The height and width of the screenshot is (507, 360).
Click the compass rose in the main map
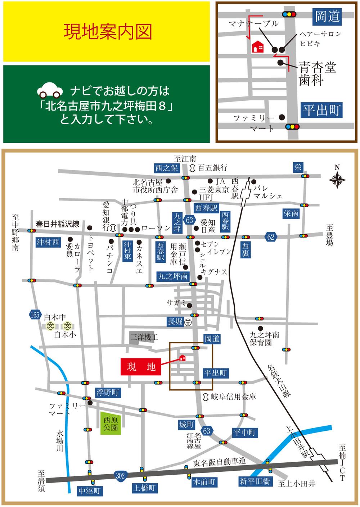tap(337, 178)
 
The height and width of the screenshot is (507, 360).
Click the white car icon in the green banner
tap(49, 90)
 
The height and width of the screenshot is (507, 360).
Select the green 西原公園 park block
tap(111, 424)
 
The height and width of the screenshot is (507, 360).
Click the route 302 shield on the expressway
tap(120, 476)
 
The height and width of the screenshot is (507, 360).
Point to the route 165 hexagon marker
tap(35, 315)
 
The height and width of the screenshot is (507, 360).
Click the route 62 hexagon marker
tap(270, 236)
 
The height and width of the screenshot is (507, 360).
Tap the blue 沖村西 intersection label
tap(48, 242)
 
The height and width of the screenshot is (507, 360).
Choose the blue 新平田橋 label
tap(255, 481)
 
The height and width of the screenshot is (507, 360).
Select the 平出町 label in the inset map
tap(321, 110)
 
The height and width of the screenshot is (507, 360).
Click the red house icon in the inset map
tap(258, 46)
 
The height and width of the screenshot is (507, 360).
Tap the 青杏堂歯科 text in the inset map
tap(316, 74)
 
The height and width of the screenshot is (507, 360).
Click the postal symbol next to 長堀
tap(188, 322)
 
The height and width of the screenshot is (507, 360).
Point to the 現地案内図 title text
tap(107, 31)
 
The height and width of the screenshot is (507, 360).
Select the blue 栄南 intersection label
tap(291, 213)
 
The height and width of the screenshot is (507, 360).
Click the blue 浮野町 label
tap(107, 393)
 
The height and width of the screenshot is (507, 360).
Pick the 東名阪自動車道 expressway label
tap(220, 462)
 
